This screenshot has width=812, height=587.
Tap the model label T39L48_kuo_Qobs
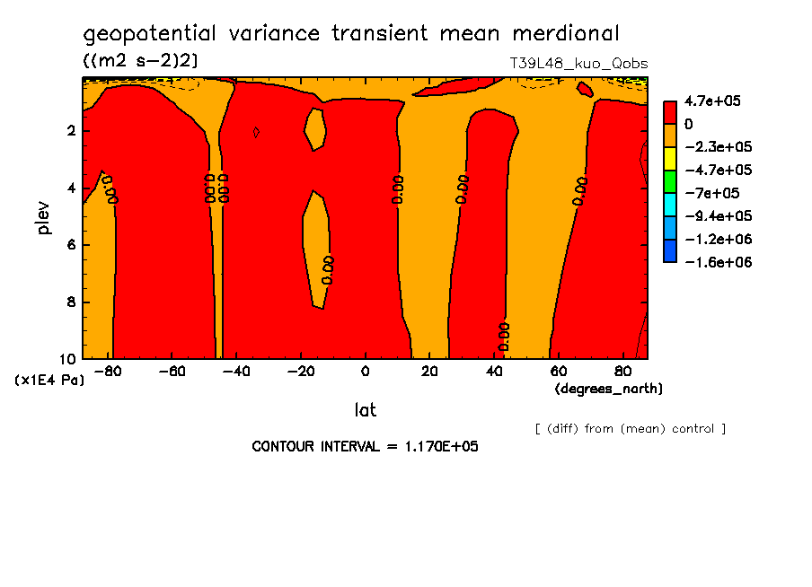[x=578, y=64]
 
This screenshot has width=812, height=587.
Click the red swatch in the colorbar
[x=669, y=111]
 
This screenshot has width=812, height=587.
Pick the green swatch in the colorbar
[x=669, y=181]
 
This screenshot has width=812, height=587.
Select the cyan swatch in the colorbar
[x=669, y=205]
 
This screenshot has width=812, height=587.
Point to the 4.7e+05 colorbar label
[x=712, y=101]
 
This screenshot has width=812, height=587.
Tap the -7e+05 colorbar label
[x=709, y=193]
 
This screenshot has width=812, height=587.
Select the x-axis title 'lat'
[x=365, y=410]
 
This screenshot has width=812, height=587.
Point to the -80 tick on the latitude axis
[x=107, y=371]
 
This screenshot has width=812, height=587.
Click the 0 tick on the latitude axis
[x=365, y=371]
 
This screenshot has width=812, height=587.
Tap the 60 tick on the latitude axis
[x=557, y=371]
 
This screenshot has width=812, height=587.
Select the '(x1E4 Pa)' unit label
[x=50, y=380]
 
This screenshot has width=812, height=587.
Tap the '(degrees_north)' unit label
[x=609, y=389]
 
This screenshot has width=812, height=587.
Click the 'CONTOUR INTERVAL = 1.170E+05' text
[x=365, y=446]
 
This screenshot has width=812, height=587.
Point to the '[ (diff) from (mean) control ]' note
[x=630, y=428]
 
